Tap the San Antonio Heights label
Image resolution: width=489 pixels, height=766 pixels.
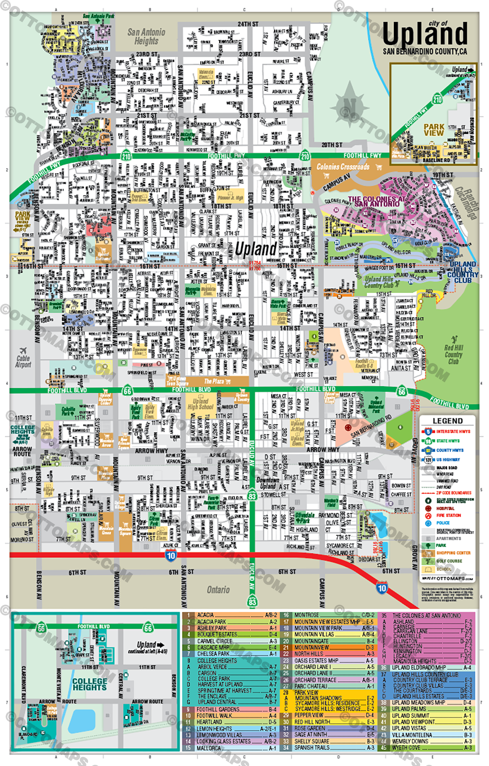[146, 36]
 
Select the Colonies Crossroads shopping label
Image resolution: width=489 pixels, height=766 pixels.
[343, 167]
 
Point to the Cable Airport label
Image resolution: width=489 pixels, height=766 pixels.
[23, 361]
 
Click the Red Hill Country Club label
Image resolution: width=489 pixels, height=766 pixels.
[453, 355]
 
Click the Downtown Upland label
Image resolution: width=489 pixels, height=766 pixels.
[268, 483]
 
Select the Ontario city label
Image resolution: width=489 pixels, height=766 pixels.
[218, 590]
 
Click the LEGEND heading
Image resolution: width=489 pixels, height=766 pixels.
[447, 421]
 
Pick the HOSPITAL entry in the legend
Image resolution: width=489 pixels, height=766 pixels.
[445, 508]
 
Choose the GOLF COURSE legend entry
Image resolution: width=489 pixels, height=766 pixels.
[449, 561]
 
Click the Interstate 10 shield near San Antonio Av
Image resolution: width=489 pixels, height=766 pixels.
[170, 555]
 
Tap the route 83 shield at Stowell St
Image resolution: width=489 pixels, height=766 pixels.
[252, 496]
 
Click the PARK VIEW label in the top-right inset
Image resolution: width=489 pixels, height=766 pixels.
[434, 130]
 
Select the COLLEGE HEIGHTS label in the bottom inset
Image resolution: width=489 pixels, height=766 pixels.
[90, 684]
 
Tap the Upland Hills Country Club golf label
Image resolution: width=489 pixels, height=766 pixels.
[379, 282]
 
